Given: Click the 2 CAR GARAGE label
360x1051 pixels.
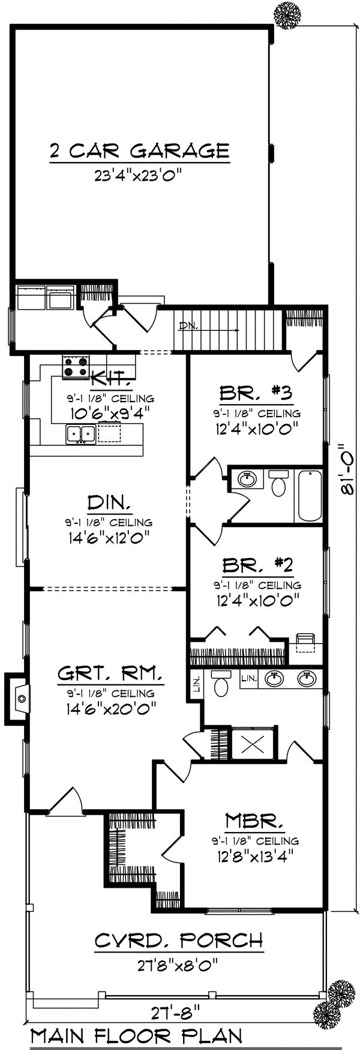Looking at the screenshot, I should coord(139,150).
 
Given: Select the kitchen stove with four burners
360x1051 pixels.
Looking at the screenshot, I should coord(76,366).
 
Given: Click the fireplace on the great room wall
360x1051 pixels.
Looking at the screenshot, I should coord(19,699).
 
